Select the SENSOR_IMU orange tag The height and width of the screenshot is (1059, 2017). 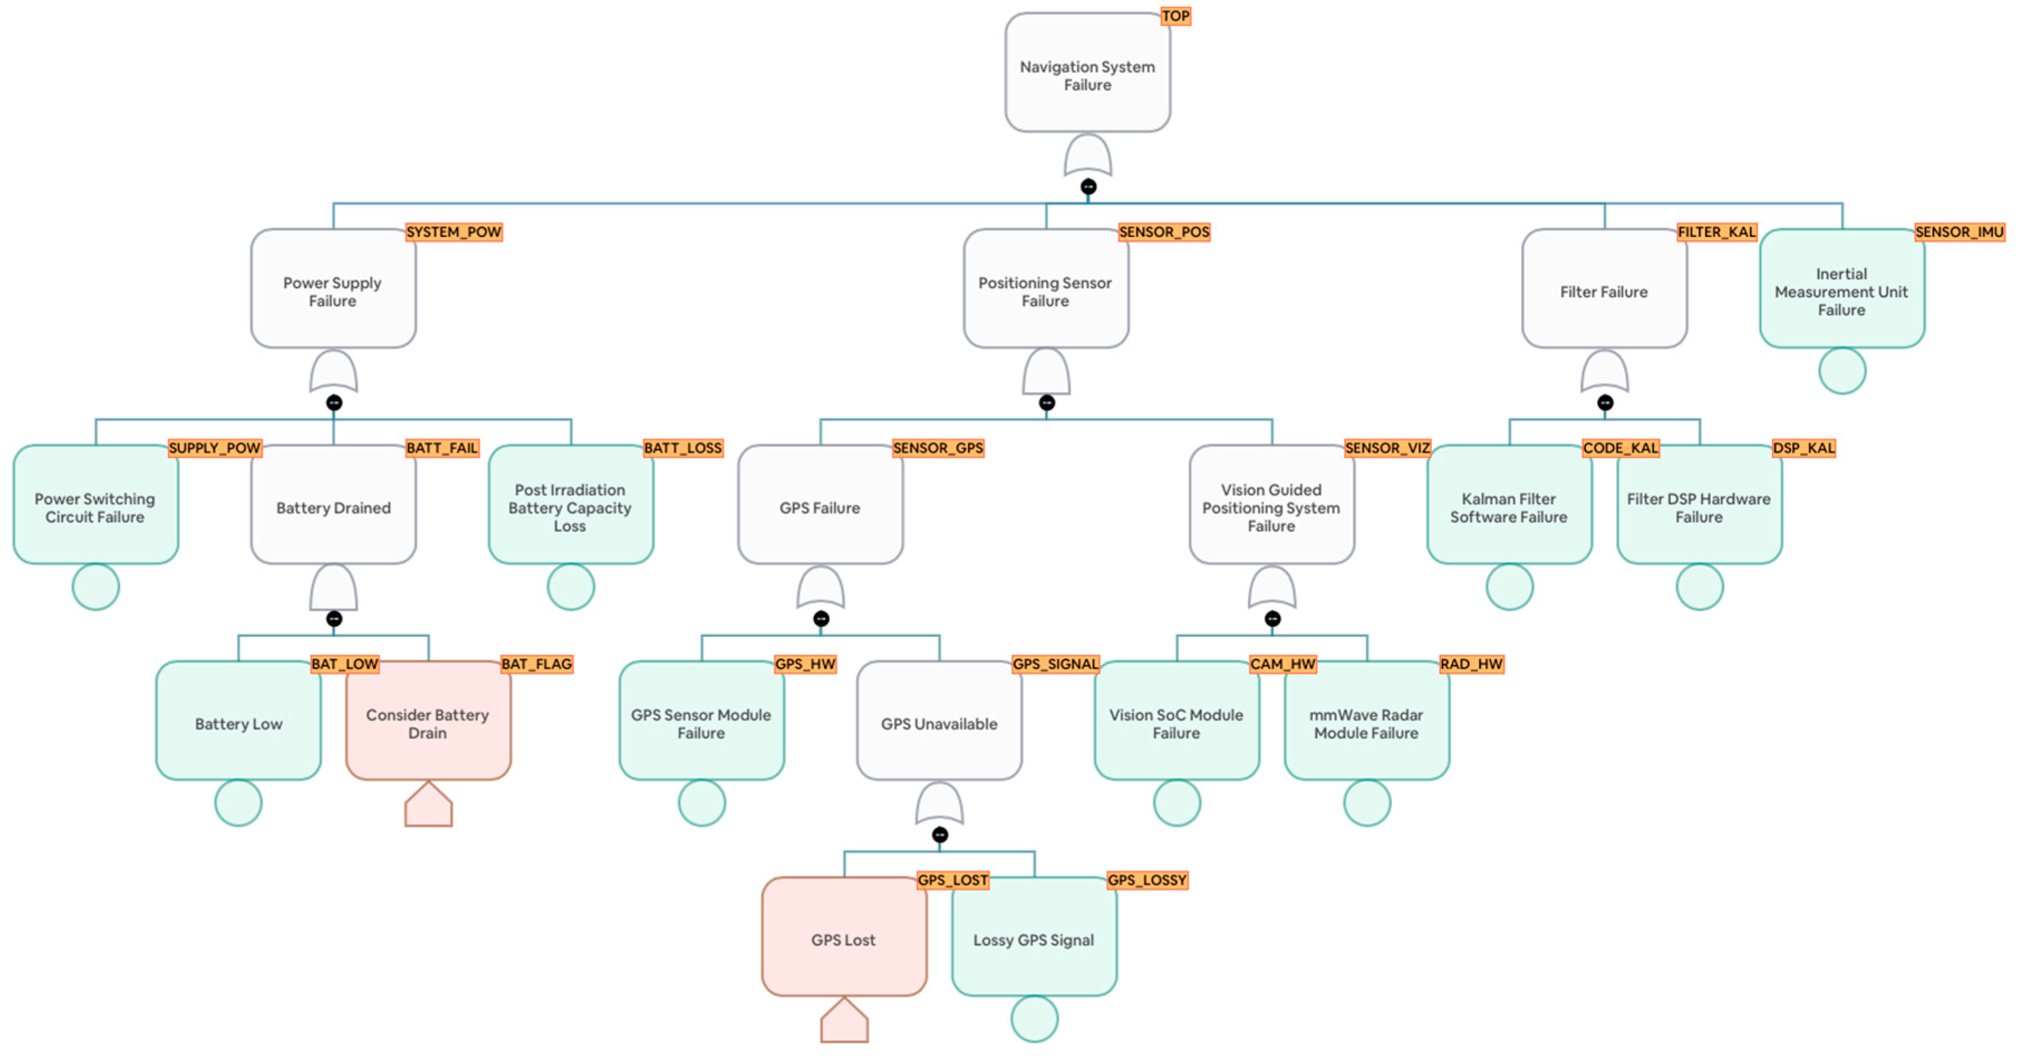click(1958, 232)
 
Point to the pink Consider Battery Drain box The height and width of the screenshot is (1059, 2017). click(428, 722)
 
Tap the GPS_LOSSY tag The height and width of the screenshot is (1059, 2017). click(1147, 879)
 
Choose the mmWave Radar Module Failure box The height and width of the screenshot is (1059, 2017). click(1366, 722)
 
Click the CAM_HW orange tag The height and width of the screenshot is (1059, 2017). click(1282, 664)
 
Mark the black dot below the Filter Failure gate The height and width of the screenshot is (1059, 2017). click(1604, 403)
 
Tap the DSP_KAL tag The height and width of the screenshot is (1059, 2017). click(1803, 448)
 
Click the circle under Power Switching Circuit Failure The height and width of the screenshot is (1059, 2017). click(95, 587)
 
